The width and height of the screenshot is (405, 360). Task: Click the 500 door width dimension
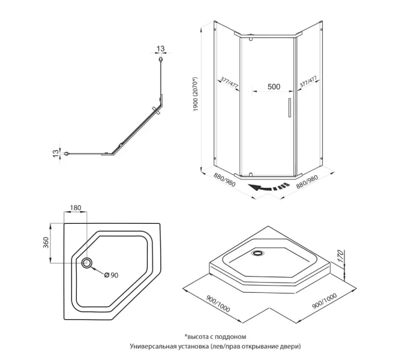[274, 86]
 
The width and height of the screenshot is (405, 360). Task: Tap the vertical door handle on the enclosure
[289, 107]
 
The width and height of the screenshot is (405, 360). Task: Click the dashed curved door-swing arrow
[268, 188]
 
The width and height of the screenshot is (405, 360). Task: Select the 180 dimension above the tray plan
[76, 208]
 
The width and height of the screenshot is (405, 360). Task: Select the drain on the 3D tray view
[259, 253]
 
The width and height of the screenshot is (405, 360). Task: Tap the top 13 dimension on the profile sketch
[160, 48]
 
